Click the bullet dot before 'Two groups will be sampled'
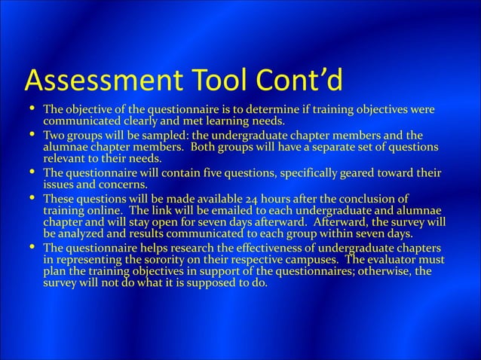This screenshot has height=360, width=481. point(30,135)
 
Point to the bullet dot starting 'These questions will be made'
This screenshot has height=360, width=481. point(30,199)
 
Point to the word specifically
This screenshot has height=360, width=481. point(315,173)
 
